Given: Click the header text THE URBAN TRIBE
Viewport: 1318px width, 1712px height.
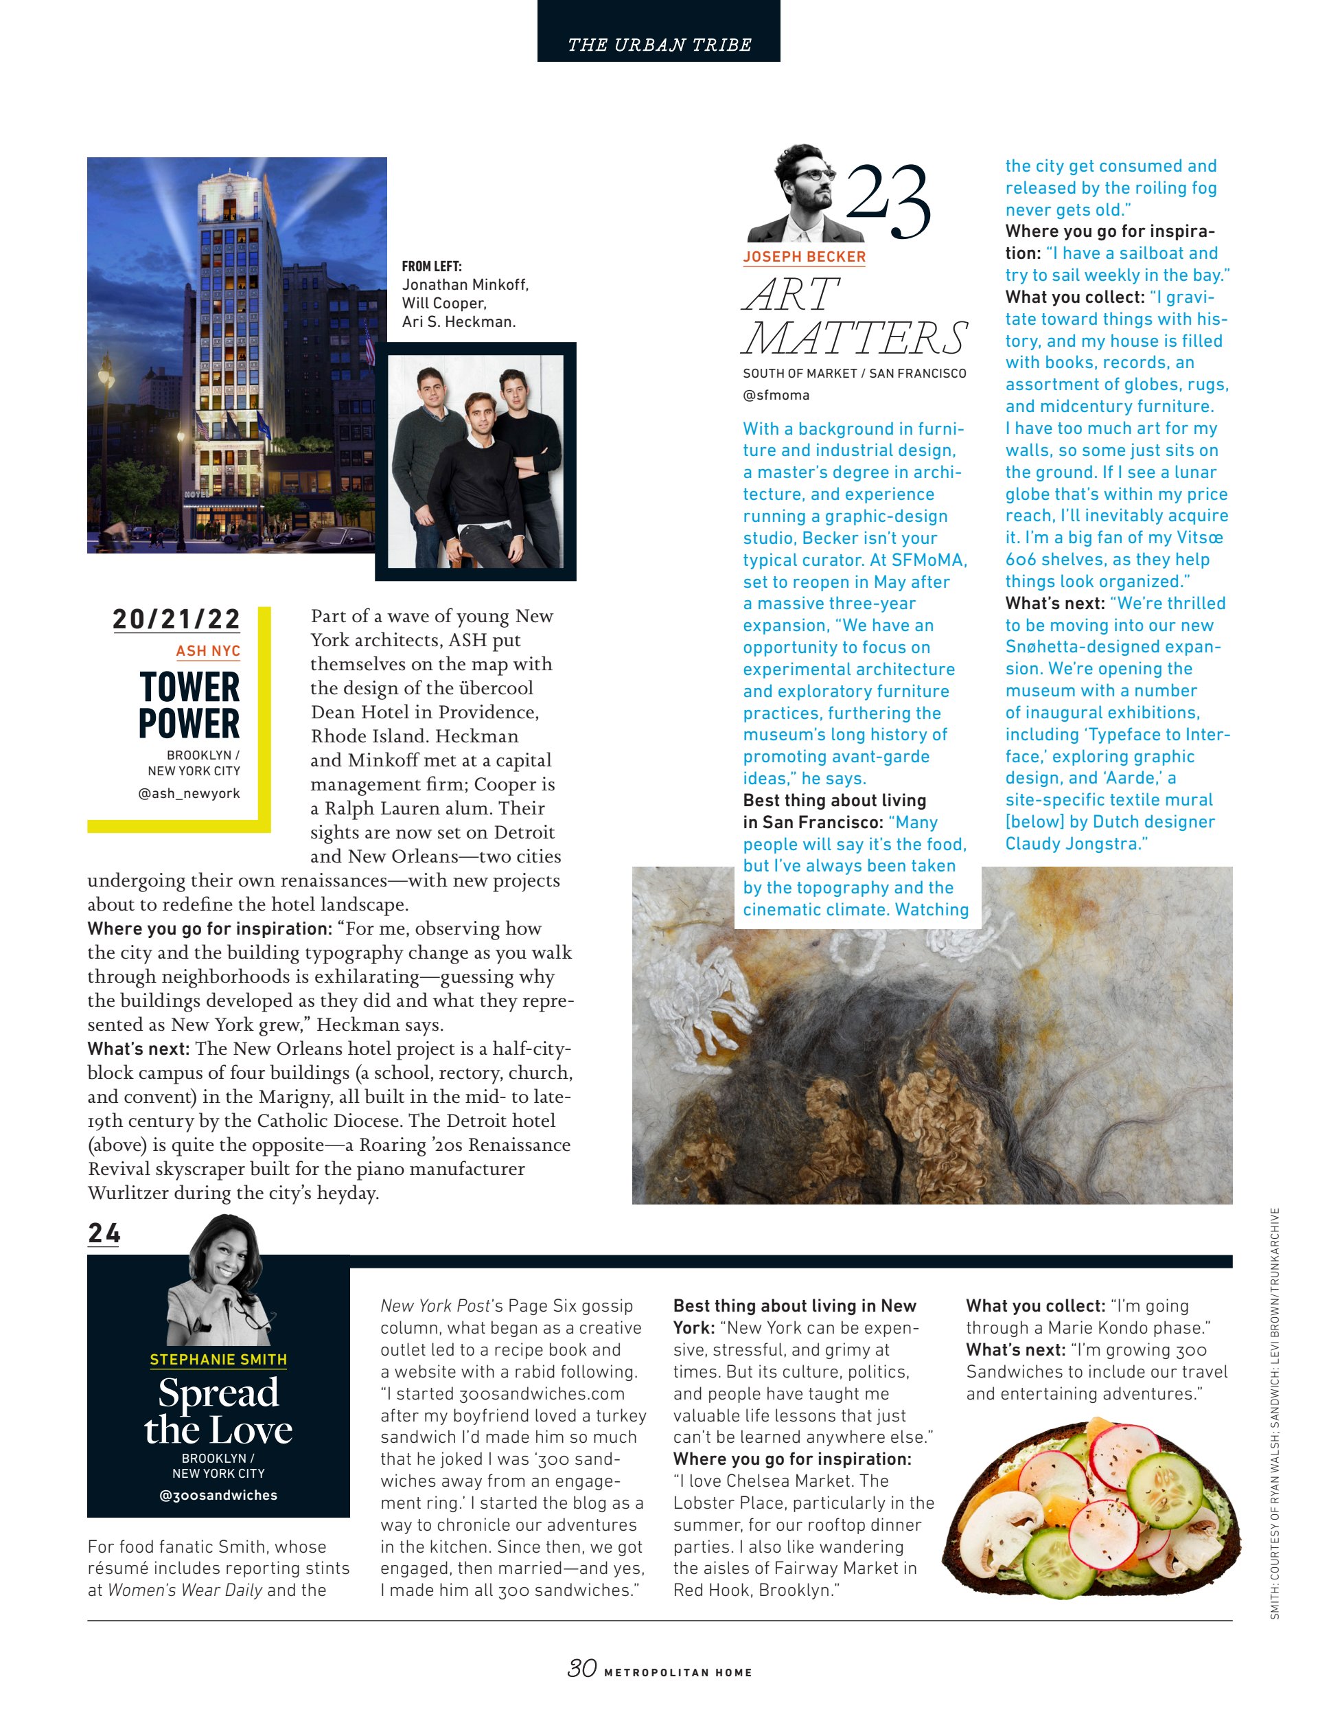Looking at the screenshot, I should point(659,45).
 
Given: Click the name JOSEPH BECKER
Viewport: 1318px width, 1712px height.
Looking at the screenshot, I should point(804,256).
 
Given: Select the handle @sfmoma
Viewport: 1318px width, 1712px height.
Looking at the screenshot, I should point(776,395).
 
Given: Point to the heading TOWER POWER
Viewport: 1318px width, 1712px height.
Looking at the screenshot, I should point(189,705).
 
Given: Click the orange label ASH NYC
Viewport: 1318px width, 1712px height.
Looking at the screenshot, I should point(207,650).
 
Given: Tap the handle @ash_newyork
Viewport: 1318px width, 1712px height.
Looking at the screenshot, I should point(189,793).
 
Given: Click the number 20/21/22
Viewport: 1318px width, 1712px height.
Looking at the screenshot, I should point(176,619).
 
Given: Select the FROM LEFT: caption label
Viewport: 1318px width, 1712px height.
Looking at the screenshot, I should point(432,266).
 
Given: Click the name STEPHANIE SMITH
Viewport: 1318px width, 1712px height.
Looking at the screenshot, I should point(218,1359).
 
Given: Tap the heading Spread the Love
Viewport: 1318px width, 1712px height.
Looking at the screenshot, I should point(218,1411).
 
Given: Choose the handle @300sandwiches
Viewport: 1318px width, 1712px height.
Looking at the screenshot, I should point(218,1495).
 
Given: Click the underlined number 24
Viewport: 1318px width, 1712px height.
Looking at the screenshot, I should point(104,1234).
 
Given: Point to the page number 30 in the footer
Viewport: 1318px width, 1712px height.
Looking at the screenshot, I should point(582,1667).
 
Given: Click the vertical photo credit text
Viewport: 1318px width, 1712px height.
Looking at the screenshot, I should point(1275,1411).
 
